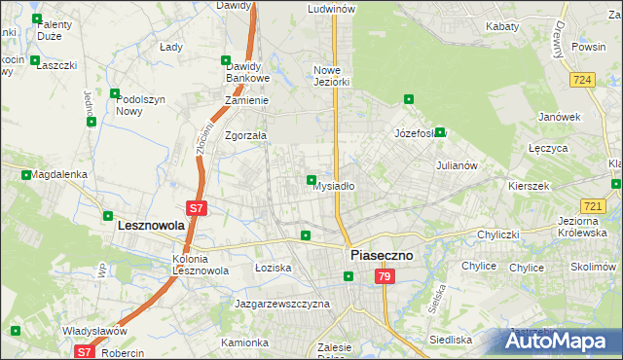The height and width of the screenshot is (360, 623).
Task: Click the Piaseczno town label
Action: pos(381,254)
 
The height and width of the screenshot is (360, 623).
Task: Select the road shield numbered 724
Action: pos(583,80)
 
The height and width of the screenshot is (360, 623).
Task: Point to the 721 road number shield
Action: pos(593,206)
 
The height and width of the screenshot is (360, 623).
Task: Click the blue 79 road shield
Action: pos(385,277)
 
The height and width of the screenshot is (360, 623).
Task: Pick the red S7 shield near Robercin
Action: pos(85,352)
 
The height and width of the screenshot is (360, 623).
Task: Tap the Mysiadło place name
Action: pos(332,186)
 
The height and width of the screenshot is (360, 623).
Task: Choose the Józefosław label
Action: pos(420,132)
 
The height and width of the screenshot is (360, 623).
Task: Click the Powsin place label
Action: pos(588,46)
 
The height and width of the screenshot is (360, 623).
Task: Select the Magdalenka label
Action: pos(59,174)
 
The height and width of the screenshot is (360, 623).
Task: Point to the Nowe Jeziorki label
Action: pos(331,76)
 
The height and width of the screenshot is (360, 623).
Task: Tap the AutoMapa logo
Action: pos(562,342)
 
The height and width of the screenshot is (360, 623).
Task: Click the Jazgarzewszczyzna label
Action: pos(282,304)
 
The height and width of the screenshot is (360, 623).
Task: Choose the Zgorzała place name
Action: pos(246,136)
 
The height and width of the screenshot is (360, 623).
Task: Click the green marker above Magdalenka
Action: pos(25,175)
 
